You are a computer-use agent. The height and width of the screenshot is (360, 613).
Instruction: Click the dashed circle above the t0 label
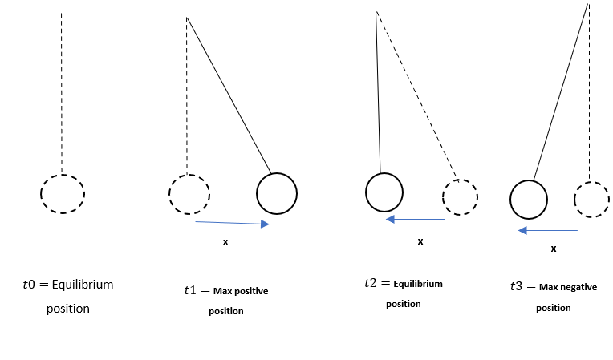[x=63, y=193]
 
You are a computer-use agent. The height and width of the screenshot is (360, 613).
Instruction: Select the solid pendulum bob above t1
[x=277, y=193]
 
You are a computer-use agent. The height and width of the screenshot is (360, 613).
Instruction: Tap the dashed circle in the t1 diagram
[x=189, y=193]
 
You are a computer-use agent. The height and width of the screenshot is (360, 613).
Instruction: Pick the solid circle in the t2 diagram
[x=384, y=192]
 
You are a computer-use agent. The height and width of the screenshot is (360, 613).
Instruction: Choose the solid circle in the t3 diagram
[x=529, y=199]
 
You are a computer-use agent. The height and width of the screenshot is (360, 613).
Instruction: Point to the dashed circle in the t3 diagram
[x=592, y=199]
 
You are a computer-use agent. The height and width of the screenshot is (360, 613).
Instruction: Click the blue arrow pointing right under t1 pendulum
[x=232, y=224]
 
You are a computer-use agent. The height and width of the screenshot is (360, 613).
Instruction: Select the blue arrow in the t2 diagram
[x=416, y=218]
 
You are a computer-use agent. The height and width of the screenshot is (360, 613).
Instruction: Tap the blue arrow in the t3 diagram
[x=548, y=230]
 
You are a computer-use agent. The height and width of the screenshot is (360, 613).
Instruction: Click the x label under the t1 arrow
[x=225, y=241]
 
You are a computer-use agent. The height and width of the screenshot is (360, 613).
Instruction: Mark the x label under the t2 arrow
[x=420, y=241]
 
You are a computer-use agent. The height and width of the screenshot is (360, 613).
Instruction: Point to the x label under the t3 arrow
[x=554, y=249]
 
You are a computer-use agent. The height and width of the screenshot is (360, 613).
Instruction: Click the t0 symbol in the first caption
[x=30, y=285]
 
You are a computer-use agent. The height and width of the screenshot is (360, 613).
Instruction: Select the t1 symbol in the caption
[x=190, y=291]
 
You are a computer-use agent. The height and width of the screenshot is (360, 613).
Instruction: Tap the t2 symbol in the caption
[x=370, y=284]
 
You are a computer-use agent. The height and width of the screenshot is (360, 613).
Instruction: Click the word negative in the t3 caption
[x=578, y=287]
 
